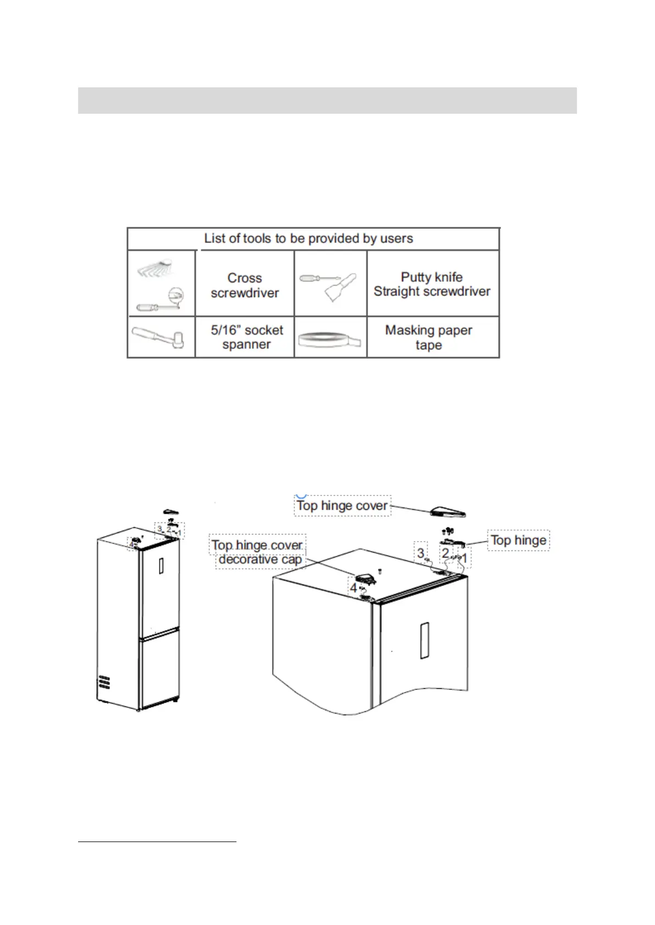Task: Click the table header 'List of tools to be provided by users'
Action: coord(309,238)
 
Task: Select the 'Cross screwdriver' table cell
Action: coord(245,285)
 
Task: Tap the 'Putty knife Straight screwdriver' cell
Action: coord(432,284)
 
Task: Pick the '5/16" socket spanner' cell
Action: coord(246,337)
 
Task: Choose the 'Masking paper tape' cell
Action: coord(428,337)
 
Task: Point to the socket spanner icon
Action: coord(162,337)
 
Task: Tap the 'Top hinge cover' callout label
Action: coord(342,505)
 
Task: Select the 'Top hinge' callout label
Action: coord(518,540)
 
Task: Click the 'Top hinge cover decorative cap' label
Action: coord(258,552)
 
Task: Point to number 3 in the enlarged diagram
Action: coord(421,552)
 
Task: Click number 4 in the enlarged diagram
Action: coord(353,588)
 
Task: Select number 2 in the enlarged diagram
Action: coord(445,553)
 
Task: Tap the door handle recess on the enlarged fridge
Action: coord(423,640)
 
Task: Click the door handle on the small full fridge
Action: coord(161,565)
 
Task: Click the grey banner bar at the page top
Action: coord(327,101)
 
